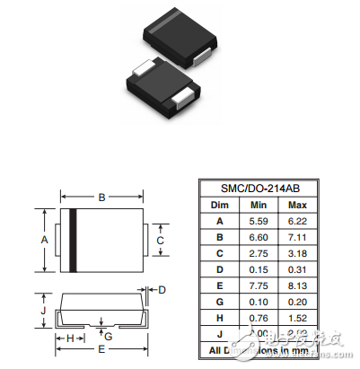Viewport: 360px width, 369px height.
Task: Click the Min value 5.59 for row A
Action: (x=259, y=220)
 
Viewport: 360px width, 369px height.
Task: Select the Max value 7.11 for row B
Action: (x=298, y=236)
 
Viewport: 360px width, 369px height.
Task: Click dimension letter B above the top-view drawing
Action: (x=101, y=197)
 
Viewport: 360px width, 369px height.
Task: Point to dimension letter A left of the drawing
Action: (x=45, y=240)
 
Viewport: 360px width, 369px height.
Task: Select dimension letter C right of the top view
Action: (x=161, y=240)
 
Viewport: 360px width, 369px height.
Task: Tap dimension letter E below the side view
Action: (x=101, y=348)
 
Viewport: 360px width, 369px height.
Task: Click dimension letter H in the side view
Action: (x=70, y=338)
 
